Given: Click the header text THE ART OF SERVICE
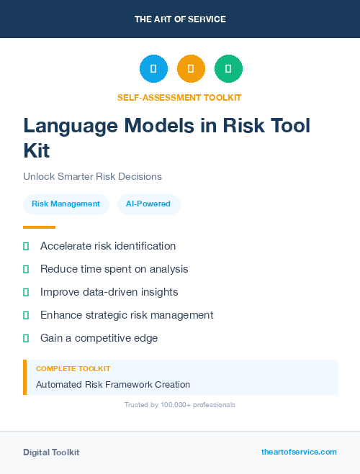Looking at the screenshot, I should (180, 19).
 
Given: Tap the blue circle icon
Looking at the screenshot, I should (153, 68).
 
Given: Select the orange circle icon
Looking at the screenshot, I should (191, 68).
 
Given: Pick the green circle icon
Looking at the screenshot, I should (228, 68).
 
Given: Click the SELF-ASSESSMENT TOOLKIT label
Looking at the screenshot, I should (180, 97).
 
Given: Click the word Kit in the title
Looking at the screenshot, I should (37, 151).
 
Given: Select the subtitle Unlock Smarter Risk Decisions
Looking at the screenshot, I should (92, 176).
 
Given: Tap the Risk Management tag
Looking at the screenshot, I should (66, 204).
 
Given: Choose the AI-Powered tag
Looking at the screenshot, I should (148, 204).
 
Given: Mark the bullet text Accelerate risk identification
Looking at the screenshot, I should (108, 246).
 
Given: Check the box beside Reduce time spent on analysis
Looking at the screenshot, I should (26, 269).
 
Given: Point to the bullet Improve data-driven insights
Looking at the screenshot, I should (109, 292).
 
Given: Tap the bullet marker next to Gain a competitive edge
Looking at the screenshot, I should (26, 338).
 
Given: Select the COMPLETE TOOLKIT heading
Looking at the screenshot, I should (73, 368).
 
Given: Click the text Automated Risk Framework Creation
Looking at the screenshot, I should (113, 385).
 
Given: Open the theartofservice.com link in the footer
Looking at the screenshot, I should (299, 452).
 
